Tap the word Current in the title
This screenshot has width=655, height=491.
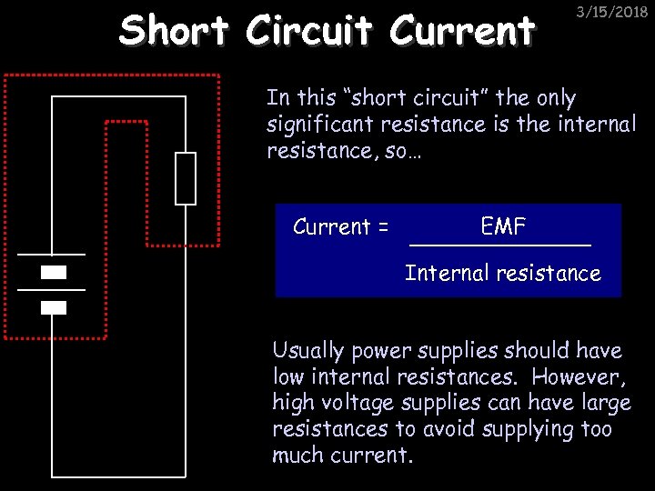[461, 30]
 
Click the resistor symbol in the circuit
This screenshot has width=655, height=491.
[186, 178]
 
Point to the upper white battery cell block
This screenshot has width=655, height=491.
[54, 272]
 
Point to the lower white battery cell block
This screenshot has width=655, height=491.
[54, 307]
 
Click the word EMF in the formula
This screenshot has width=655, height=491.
[503, 226]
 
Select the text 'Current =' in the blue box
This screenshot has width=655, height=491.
[340, 227]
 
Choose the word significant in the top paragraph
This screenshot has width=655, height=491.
[317, 125]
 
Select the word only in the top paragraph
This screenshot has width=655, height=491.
[556, 98]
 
